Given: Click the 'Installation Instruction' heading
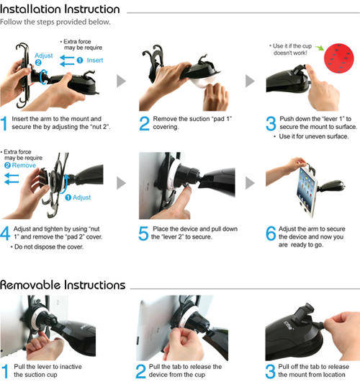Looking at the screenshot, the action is [60, 9].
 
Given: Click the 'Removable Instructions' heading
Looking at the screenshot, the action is [63, 285].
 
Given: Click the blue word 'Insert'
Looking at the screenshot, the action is [95, 60].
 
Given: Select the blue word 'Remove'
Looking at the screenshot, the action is [24, 166].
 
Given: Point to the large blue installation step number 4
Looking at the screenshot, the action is [5, 234].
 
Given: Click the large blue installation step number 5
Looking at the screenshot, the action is [143, 234].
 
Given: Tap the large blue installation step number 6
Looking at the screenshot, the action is [271, 234].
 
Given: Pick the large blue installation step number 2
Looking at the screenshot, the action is [144, 123].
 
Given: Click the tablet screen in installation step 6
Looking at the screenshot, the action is [306, 189].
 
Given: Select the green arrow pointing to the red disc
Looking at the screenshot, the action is [320, 48].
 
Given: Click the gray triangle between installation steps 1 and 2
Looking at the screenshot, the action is [121, 81].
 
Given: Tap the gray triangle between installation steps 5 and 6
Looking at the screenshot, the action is [251, 183].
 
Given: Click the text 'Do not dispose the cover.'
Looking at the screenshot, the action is [49, 246].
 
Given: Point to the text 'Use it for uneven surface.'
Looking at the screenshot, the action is [314, 136].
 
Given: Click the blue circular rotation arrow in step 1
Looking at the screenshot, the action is [44, 76].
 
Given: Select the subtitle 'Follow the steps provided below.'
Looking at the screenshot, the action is [55, 22].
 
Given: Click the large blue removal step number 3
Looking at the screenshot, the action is [270, 371].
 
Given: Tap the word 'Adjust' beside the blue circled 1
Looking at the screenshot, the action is [81, 197].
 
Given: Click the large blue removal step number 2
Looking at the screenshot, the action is [140, 371].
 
